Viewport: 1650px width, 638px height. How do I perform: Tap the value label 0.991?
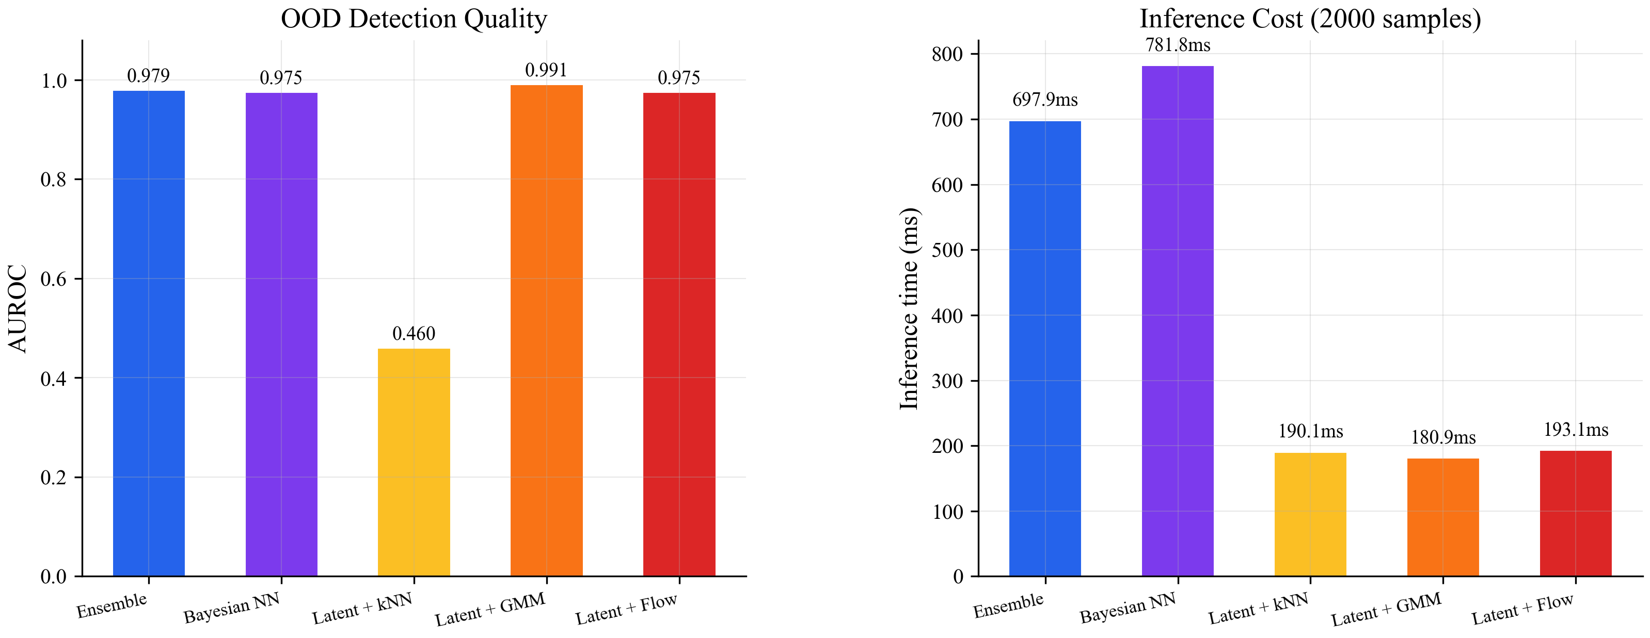click(546, 70)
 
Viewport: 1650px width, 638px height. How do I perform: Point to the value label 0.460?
click(414, 333)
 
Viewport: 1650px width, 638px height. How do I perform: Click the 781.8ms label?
click(1177, 45)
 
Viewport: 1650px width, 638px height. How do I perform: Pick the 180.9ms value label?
click(1443, 438)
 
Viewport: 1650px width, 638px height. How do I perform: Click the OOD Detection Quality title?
click(414, 19)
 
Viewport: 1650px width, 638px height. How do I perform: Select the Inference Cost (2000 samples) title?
click(1310, 19)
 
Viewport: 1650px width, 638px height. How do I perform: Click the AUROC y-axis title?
click(18, 308)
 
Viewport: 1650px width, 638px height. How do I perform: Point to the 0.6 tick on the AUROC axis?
click(54, 279)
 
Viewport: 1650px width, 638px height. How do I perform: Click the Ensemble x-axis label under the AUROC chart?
click(112, 606)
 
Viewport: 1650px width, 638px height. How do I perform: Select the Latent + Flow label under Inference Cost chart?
click(1522, 609)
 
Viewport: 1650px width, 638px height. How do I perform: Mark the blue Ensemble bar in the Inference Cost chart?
click(1045, 349)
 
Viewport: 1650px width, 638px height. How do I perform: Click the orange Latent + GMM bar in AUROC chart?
click(546, 330)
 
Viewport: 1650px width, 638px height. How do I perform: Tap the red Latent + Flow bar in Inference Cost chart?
click(1576, 514)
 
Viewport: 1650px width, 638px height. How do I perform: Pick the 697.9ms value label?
click(1045, 100)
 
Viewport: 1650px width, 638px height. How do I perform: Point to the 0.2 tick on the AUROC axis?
click(54, 478)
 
